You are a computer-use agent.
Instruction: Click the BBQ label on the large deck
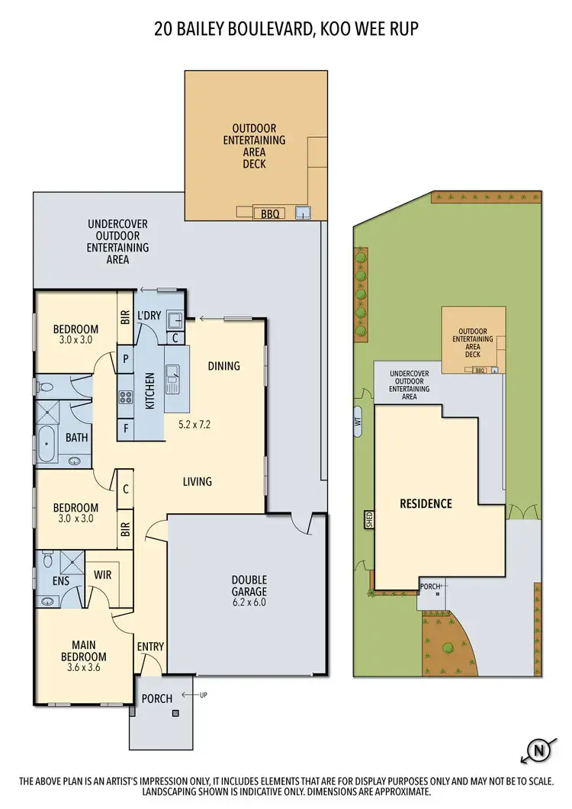coord(269,214)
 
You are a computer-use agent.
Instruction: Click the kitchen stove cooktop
coord(125,397)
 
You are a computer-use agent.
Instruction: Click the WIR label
coord(102,574)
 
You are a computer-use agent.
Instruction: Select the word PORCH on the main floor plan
coord(157,698)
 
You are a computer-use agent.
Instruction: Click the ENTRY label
coord(151,647)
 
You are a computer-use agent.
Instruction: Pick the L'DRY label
coord(148,316)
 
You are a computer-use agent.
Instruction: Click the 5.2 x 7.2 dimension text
coord(194,424)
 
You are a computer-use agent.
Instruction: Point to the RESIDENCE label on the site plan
coord(426,504)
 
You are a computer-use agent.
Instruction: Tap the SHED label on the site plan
coord(369,519)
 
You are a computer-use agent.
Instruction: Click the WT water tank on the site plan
coord(358,421)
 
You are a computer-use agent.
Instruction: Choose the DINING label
coord(223,366)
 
